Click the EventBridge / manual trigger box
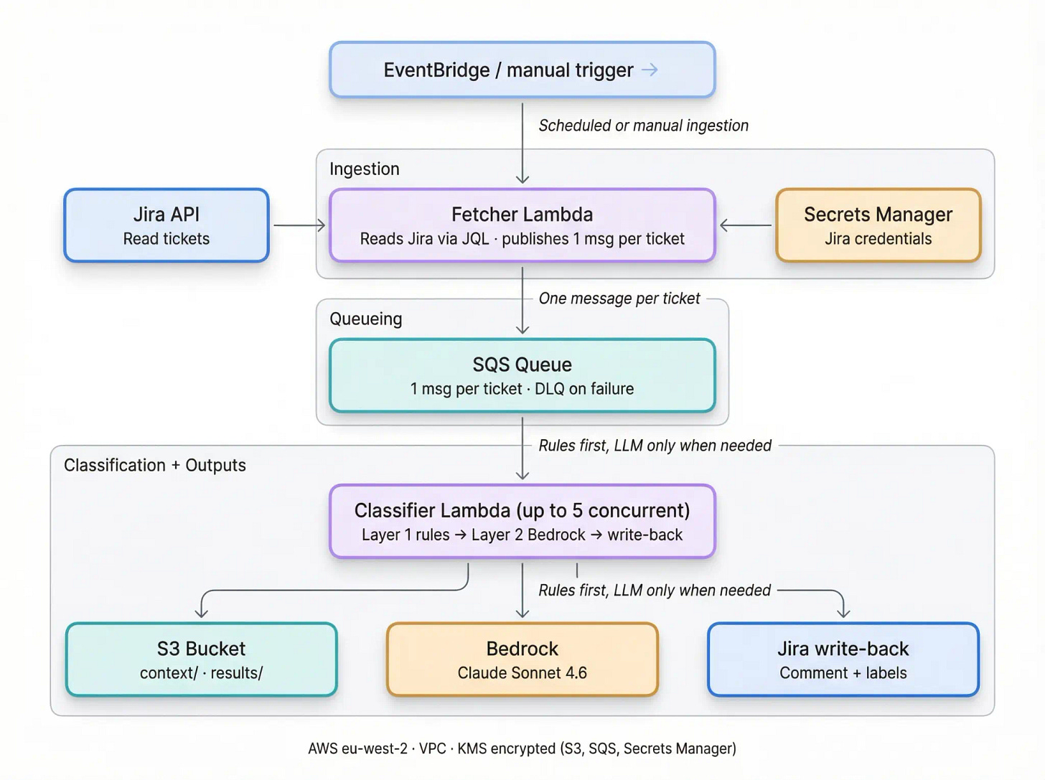point(522,70)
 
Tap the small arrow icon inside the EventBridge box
point(650,70)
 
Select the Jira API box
point(166,225)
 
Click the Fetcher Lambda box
point(522,225)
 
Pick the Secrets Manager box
point(878,225)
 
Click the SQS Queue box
point(522,375)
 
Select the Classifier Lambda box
point(522,522)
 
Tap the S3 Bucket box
point(201,659)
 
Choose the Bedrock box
point(522,659)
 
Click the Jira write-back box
point(843,659)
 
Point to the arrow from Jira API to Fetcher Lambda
point(299,225)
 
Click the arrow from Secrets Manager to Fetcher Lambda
point(746,225)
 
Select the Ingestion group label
point(364,169)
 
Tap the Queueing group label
point(365,319)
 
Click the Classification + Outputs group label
point(154,465)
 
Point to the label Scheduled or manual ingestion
point(643,126)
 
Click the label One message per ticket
point(619,299)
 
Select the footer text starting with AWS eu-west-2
point(522,748)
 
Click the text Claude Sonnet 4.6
point(522,673)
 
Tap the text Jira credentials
point(878,239)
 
